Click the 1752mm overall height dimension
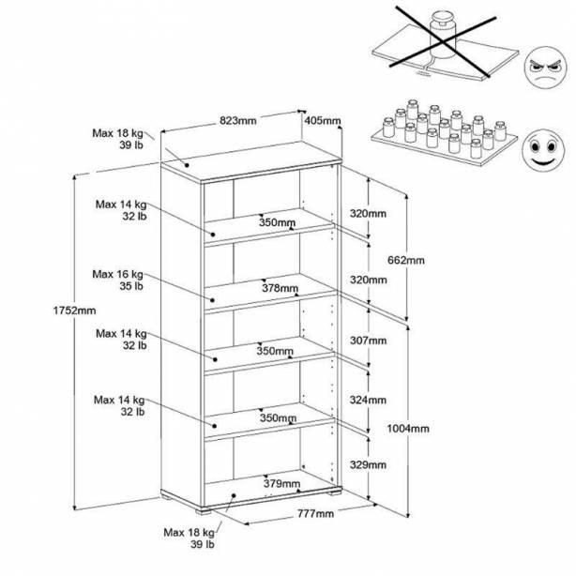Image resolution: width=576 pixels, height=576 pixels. point(74,311)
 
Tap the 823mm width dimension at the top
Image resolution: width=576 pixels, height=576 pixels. point(238,120)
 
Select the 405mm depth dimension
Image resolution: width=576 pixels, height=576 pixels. point(323,120)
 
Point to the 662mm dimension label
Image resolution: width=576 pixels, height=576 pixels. point(406,260)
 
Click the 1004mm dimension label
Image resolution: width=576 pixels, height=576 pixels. point(408,429)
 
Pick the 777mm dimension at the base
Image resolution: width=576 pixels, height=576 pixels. point(316,513)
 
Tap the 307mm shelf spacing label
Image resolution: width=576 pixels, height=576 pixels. point(368,341)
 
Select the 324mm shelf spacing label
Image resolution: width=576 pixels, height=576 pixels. point(368,400)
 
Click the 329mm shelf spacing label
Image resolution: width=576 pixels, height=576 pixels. point(368,464)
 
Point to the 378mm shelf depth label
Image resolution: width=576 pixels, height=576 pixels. point(280,288)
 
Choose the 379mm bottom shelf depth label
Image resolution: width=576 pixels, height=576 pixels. point(281,483)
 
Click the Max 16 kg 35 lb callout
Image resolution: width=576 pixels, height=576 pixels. point(118,280)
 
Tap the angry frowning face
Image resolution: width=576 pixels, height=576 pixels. point(545,68)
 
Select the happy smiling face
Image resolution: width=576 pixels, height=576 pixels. point(543,150)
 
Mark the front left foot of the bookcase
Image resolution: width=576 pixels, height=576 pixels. point(203,510)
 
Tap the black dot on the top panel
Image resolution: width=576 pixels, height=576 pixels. point(187,165)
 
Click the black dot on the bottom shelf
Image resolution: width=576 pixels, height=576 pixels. point(234,495)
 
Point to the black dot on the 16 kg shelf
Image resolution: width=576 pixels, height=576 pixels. point(212,300)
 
